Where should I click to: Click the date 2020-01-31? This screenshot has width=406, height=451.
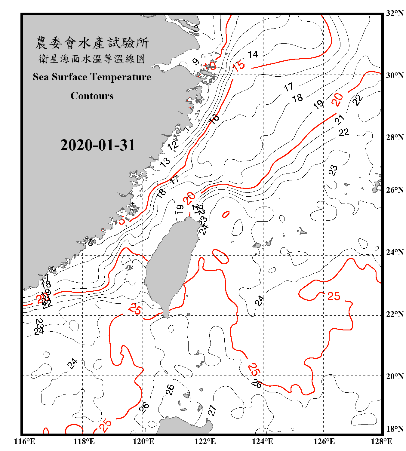click(x=98, y=145)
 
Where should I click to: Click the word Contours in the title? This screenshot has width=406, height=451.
click(x=92, y=96)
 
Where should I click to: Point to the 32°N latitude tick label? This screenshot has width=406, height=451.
click(x=395, y=13)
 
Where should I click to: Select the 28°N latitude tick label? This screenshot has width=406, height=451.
click(x=395, y=137)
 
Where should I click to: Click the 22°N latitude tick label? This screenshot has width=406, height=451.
click(x=395, y=314)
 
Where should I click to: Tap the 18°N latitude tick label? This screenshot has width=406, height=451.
click(x=395, y=429)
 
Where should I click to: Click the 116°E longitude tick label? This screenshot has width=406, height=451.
click(x=25, y=441)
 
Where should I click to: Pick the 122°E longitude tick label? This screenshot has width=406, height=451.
click(x=205, y=441)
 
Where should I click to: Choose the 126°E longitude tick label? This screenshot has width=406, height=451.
click(x=324, y=441)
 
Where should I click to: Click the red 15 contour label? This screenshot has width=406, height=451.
click(x=239, y=66)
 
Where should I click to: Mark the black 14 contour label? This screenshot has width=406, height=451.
click(x=253, y=54)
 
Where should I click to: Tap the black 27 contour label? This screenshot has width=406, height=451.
click(x=212, y=410)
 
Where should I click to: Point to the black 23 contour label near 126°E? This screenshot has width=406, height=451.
click(x=333, y=170)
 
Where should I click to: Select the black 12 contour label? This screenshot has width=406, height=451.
click(x=173, y=146)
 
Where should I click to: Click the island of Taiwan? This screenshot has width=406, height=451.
click(x=170, y=265)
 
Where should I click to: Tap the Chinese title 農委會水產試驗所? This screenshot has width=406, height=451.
click(x=92, y=43)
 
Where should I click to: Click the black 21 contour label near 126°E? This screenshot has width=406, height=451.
click(x=340, y=120)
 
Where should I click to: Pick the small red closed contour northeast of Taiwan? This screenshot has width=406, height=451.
click(x=226, y=214)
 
